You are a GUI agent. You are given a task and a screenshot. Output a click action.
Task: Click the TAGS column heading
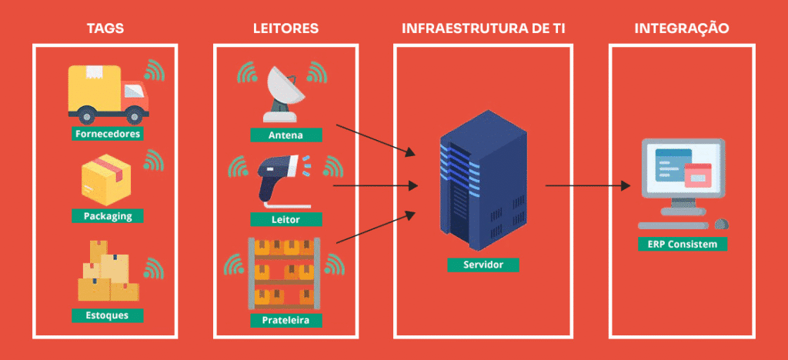105,28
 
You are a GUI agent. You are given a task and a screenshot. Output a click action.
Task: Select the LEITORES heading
286,28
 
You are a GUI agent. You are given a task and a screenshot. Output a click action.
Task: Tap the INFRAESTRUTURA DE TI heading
483,28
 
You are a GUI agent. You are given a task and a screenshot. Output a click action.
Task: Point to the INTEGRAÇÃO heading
682,28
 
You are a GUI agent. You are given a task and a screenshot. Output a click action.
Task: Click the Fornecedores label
108,134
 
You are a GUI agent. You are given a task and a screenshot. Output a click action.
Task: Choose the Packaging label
108,216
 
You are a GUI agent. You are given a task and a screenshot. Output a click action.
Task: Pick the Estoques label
108,315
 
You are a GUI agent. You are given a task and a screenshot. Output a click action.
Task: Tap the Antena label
286,135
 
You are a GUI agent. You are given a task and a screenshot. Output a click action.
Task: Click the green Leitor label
286,219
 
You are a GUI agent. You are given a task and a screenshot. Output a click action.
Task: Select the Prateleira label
286,320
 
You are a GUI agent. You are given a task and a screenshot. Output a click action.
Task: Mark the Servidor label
483,265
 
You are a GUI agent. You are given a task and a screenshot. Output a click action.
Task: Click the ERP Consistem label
682,244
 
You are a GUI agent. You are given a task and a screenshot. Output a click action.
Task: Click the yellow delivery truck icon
108,95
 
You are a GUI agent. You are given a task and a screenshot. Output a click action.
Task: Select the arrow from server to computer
588,186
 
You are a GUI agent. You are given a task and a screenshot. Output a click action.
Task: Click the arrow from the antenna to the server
376,140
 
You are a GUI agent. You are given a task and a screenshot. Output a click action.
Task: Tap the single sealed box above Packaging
106,180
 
